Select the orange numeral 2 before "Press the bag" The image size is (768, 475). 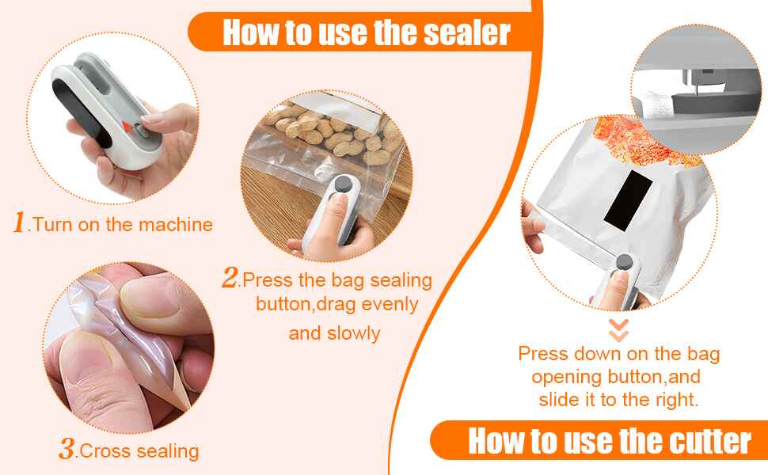(x=230, y=278)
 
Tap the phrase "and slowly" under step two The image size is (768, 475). (x=334, y=332)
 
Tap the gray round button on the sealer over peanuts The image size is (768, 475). (x=343, y=186)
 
